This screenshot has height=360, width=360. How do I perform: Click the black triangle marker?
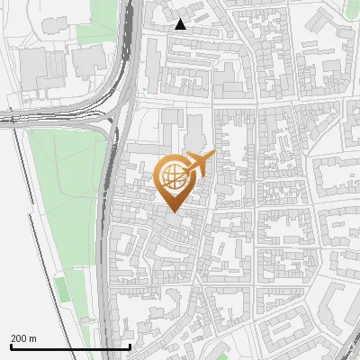point(181,24)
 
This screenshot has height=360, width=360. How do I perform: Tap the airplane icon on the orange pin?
point(200,164)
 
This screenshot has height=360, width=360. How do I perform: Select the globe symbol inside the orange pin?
point(173,176)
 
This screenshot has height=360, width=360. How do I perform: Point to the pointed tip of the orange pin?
point(173,211)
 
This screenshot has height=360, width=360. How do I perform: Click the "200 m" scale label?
point(23,338)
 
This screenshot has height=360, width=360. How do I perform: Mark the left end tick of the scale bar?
point(11,346)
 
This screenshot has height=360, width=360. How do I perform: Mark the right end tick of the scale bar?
point(130,346)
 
